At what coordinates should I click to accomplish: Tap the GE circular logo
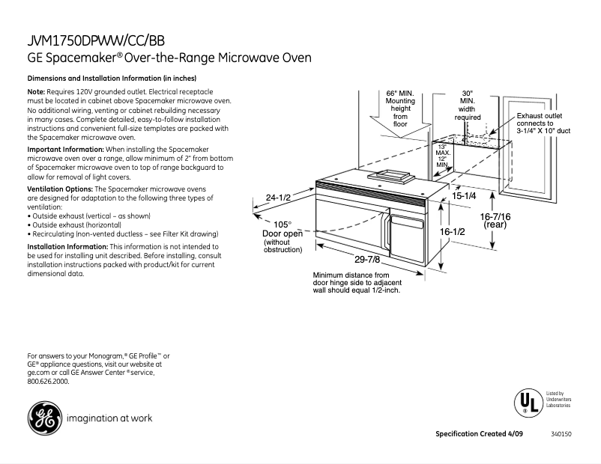point(43,418)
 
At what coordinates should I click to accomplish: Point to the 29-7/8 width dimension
point(369,260)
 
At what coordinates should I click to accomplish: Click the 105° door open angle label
point(282,224)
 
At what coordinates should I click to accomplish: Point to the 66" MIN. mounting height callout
point(400,109)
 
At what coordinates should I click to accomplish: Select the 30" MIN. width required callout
point(467,106)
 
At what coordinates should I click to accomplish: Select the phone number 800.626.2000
point(48,382)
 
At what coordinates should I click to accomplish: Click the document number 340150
point(561,434)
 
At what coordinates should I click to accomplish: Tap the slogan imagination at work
point(109,418)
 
